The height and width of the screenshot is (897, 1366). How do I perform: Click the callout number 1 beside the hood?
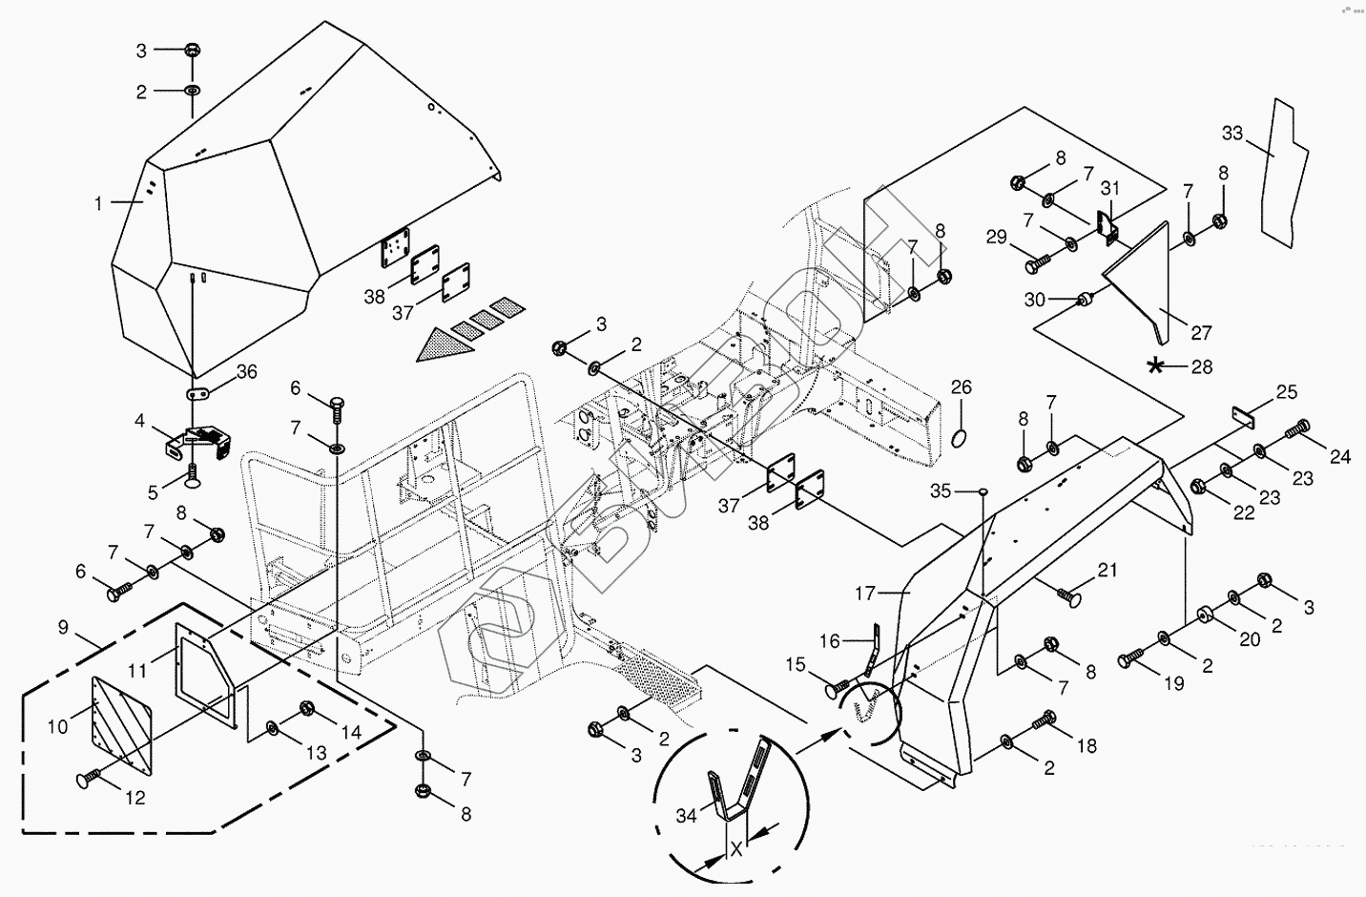click(98, 202)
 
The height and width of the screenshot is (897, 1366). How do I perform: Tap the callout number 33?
click(1232, 134)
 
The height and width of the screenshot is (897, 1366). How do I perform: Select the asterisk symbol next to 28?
click(1156, 365)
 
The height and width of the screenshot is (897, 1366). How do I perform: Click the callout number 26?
click(962, 387)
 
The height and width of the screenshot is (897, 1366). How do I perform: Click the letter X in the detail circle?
click(735, 849)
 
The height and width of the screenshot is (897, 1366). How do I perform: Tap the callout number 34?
click(685, 815)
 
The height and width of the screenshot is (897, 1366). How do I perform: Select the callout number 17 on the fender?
click(864, 594)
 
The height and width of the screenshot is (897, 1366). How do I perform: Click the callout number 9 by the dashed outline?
click(63, 627)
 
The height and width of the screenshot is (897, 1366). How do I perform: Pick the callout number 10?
click(57, 727)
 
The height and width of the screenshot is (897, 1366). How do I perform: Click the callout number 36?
click(247, 372)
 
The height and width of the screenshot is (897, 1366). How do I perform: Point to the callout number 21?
click(1107, 571)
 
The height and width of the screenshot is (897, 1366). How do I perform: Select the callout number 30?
click(1035, 300)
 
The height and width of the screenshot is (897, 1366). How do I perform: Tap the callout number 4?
click(139, 421)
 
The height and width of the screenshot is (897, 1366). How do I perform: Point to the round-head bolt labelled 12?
click(85, 779)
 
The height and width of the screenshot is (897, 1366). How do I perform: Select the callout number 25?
click(1287, 393)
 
